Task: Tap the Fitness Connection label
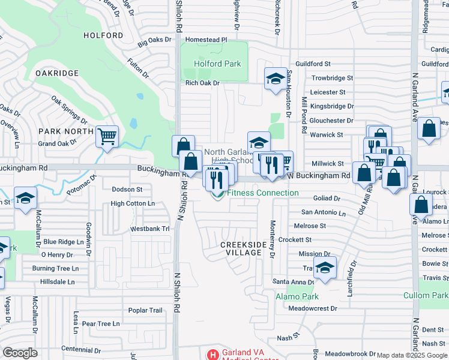click(x=262, y=193)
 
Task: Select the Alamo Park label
click(x=297, y=296)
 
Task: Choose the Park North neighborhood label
click(x=66, y=131)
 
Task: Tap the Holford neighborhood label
click(x=103, y=35)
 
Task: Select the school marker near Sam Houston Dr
click(x=276, y=79)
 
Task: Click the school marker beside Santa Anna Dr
click(x=325, y=267)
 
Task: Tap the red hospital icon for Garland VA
click(x=212, y=355)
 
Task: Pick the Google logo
click(x=20, y=353)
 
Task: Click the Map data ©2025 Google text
click(x=412, y=355)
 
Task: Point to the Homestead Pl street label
click(x=206, y=40)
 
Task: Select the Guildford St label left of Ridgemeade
click(x=313, y=64)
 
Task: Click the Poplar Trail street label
click(x=145, y=310)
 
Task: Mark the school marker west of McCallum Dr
click(x=26, y=197)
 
